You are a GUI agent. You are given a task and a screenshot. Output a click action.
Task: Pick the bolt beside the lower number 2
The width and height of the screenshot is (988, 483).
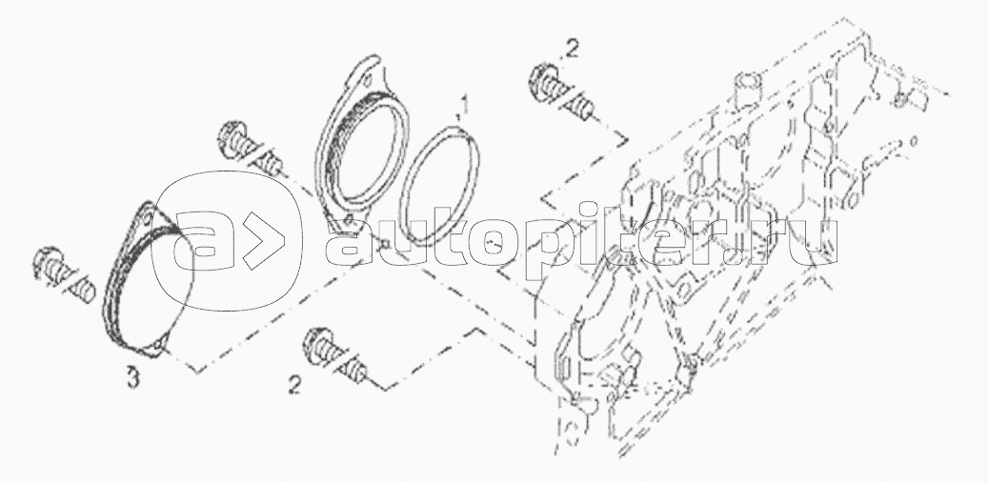334,355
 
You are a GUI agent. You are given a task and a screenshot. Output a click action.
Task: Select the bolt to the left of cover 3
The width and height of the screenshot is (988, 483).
64,275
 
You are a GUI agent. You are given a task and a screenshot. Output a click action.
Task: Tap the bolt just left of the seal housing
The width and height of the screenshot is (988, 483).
250,149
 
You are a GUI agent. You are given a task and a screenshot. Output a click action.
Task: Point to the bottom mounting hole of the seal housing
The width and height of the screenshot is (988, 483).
348,220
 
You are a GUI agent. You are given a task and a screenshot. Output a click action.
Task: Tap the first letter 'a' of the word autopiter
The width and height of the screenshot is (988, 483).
351,241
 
